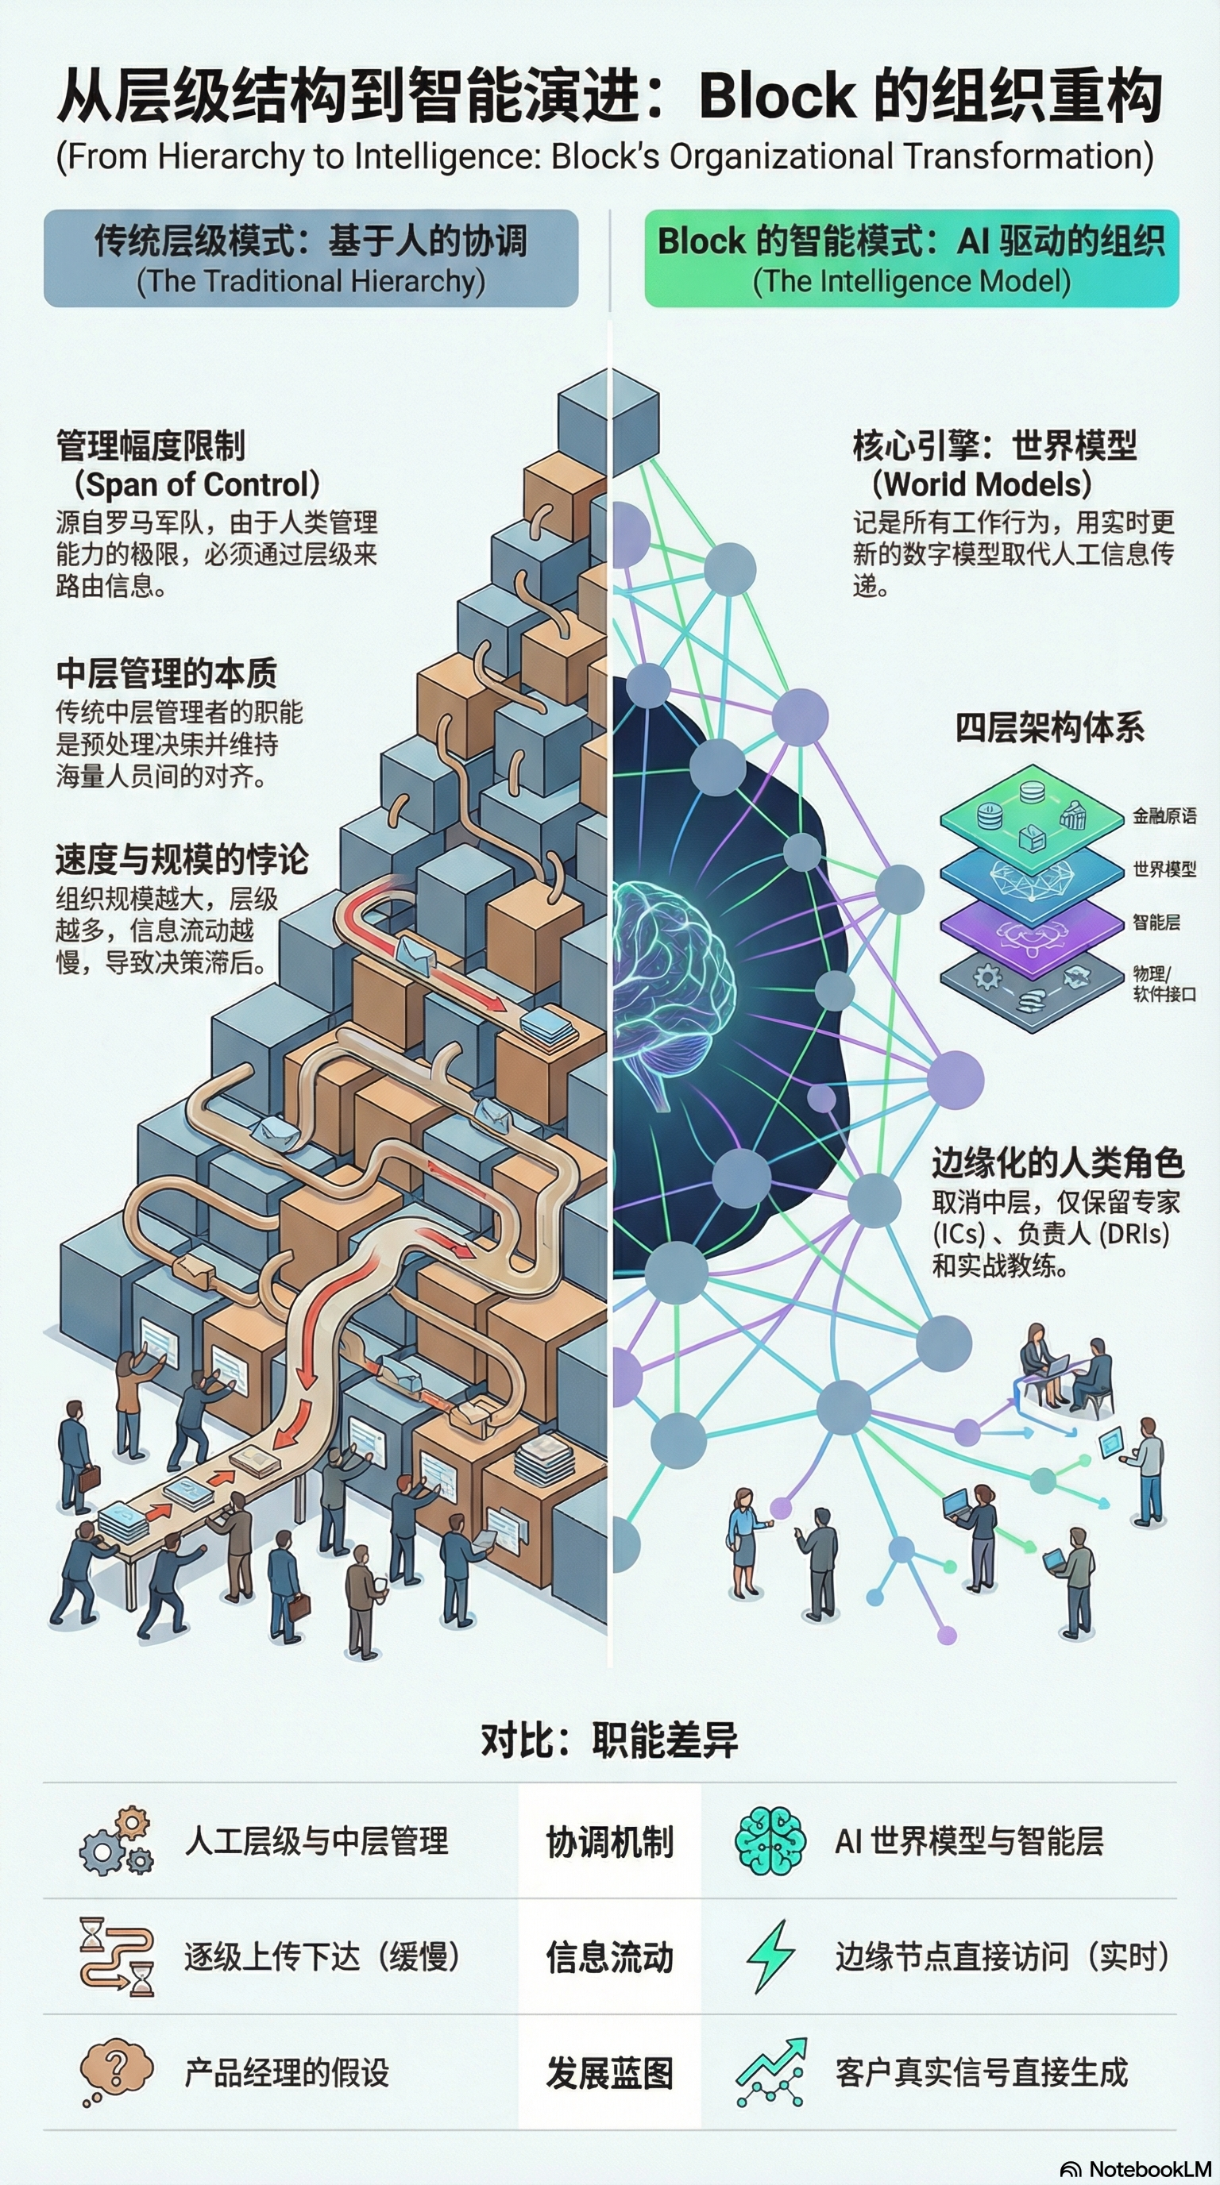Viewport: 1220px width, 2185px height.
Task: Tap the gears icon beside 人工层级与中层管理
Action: [117, 1841]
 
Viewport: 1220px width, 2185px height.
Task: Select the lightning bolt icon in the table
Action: [770, 1956]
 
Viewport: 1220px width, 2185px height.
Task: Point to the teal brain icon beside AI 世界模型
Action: [770, 1840]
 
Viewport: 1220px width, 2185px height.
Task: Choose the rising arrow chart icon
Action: [770, 2072]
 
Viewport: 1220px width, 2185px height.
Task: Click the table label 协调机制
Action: [609, 1842]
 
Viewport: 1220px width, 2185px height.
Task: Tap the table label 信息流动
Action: [609, 1957]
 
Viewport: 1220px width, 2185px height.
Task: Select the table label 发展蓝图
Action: [609, 2073]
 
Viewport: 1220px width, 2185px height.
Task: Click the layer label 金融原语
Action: [1164, 816]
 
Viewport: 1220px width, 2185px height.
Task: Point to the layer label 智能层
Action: [1156, 922]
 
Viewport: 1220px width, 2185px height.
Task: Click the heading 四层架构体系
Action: [1048, 728]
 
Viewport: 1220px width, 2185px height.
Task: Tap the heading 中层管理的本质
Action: [166, 673]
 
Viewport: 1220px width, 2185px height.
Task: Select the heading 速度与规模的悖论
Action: [182, 859]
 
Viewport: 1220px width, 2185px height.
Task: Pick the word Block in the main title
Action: [776, 95]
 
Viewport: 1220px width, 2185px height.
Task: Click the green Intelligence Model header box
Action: [911, 258]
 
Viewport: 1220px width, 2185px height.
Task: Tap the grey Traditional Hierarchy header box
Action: [311, 258]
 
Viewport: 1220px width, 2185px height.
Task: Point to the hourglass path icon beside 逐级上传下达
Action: [117, 1957]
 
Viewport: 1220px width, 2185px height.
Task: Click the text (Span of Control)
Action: [197, 484]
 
